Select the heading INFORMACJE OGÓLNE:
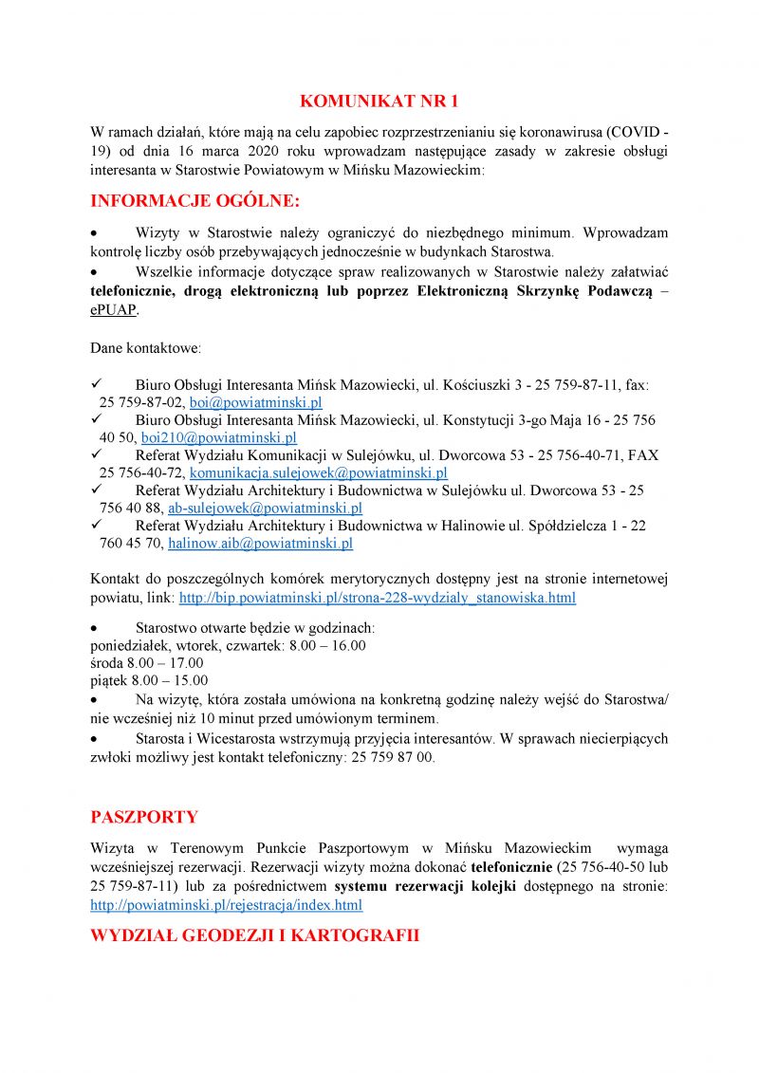point(194,201)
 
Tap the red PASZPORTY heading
point(144,817)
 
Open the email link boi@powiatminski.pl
point(256,402)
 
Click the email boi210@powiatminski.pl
point(219,437)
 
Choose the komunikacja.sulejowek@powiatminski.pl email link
point(319,472)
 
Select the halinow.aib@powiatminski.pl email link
point(260,543)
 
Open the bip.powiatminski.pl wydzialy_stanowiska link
point(377,598)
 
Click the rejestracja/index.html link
point(226,905)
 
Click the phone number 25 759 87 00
point(393,758)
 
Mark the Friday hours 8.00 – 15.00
point(149,680)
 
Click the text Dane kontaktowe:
point(145,348)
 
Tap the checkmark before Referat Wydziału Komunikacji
point(96,454)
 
